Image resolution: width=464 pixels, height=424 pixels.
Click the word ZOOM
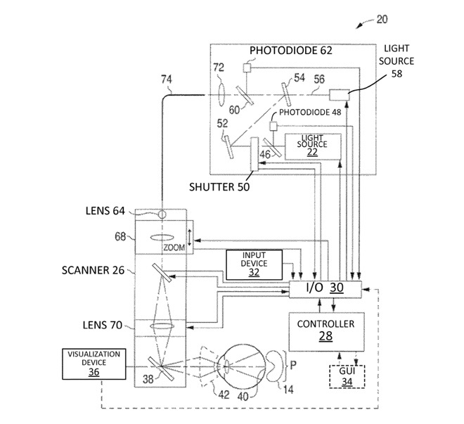[x=173, y=249]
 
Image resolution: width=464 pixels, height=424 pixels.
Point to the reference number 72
[x=218, y=67]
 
